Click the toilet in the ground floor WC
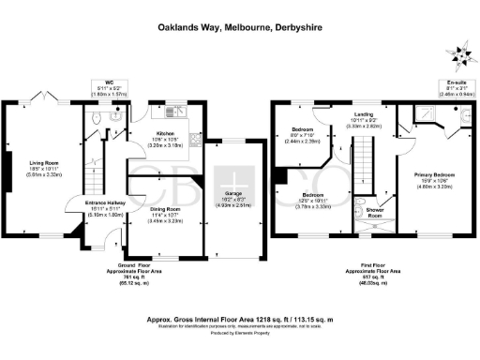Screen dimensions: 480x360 click(114, 120)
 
